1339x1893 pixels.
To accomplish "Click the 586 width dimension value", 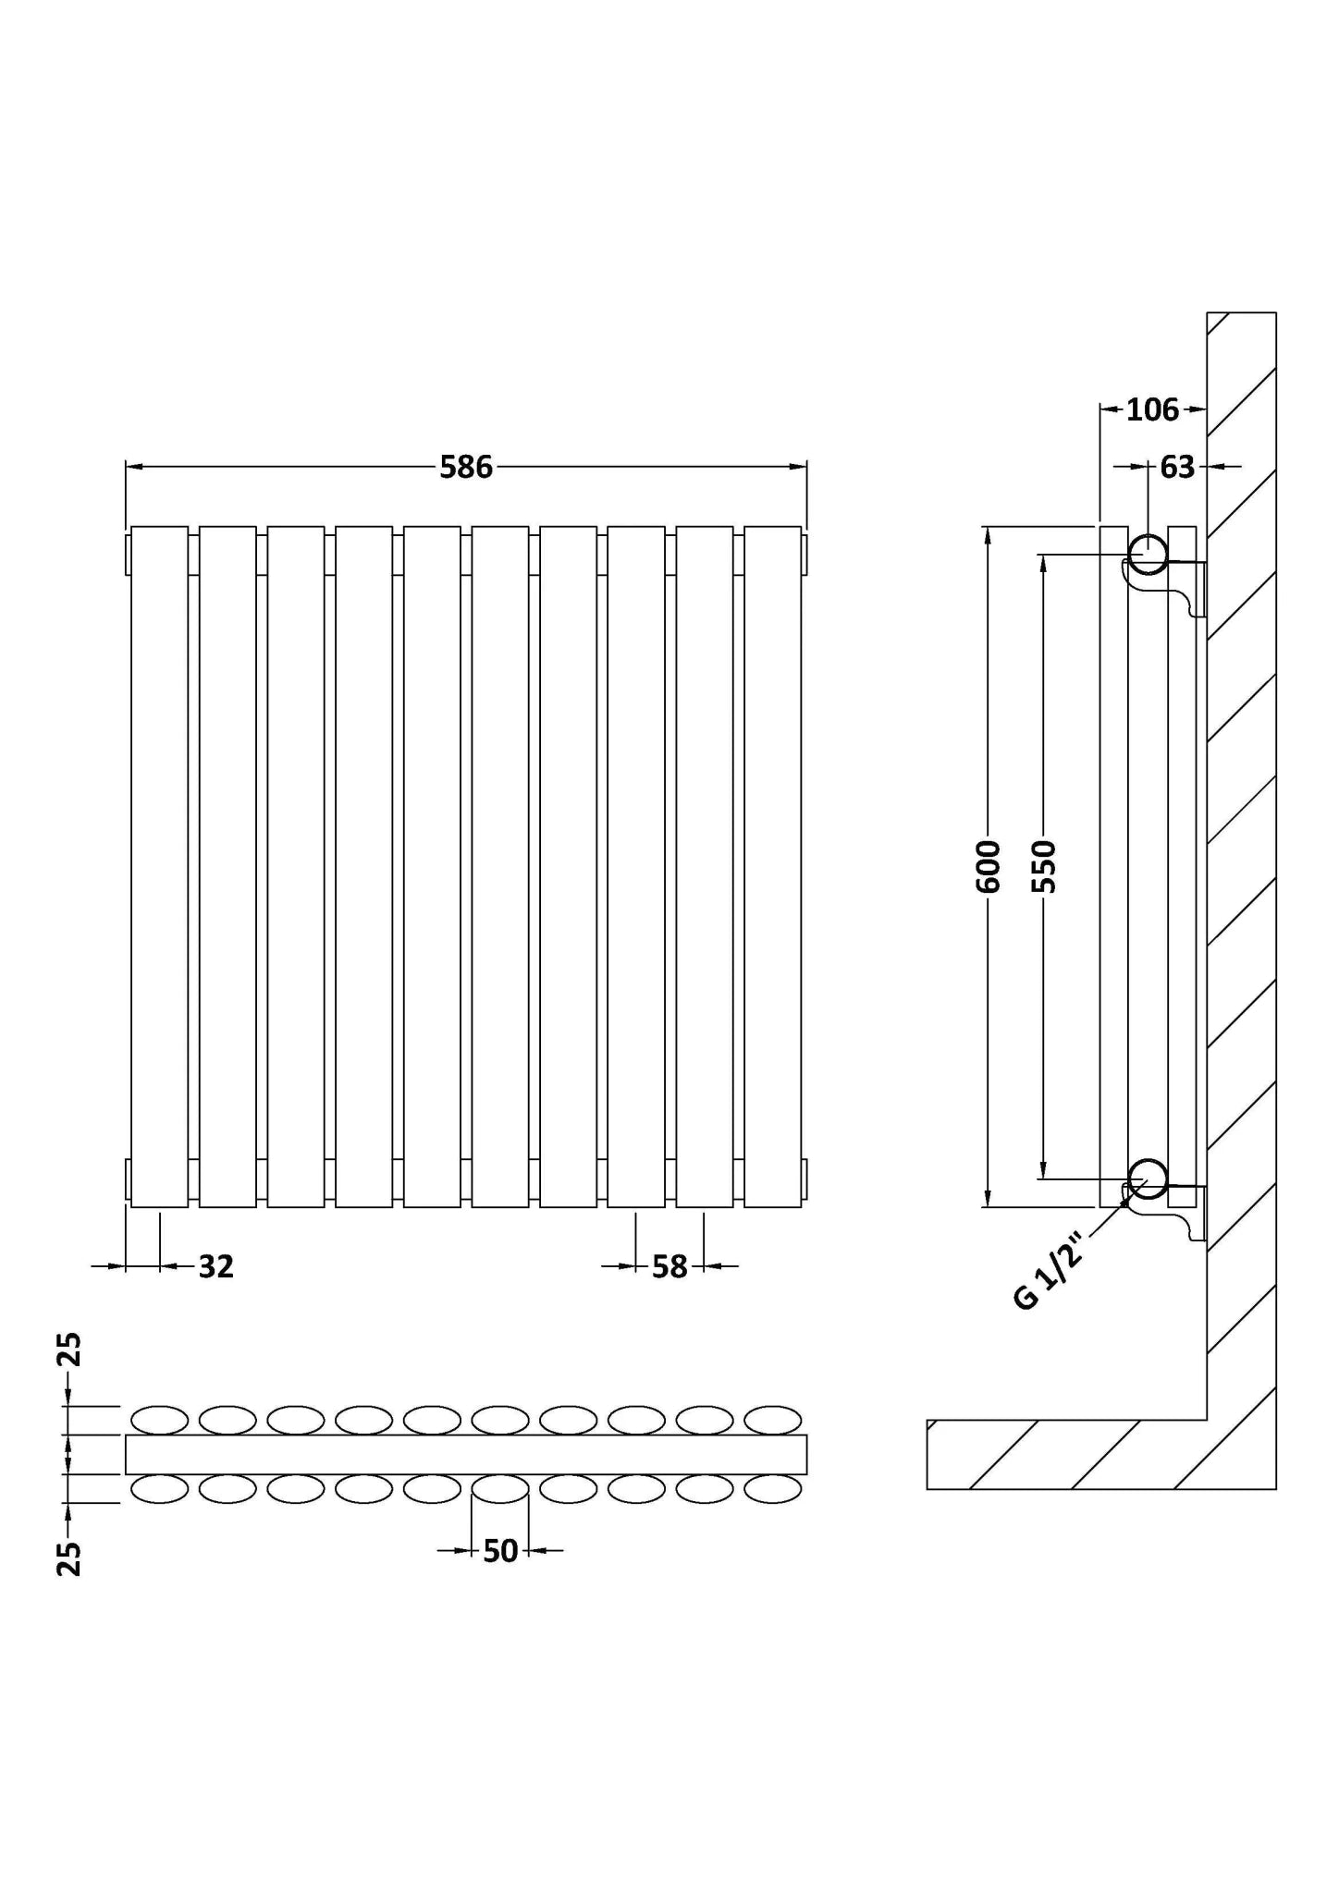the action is point(466,468).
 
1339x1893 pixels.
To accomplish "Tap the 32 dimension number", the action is point(216,1266).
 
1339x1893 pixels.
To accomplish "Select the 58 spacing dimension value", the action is point(669,1266).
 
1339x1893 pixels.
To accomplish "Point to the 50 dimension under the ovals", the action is point(500,1551).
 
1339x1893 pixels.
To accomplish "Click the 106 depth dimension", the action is point(1153,409).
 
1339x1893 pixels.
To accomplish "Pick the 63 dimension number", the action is point(1177,468).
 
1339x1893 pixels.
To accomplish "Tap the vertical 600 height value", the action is point(989,867).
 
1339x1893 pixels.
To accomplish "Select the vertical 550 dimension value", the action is point(1044,867).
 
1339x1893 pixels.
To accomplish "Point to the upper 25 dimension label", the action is point(69,1349).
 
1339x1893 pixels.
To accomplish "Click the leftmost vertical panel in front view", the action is point(160,867).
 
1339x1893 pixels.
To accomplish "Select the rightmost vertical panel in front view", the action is point(773,867).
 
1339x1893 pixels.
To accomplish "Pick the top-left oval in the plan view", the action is point(160,1421).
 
